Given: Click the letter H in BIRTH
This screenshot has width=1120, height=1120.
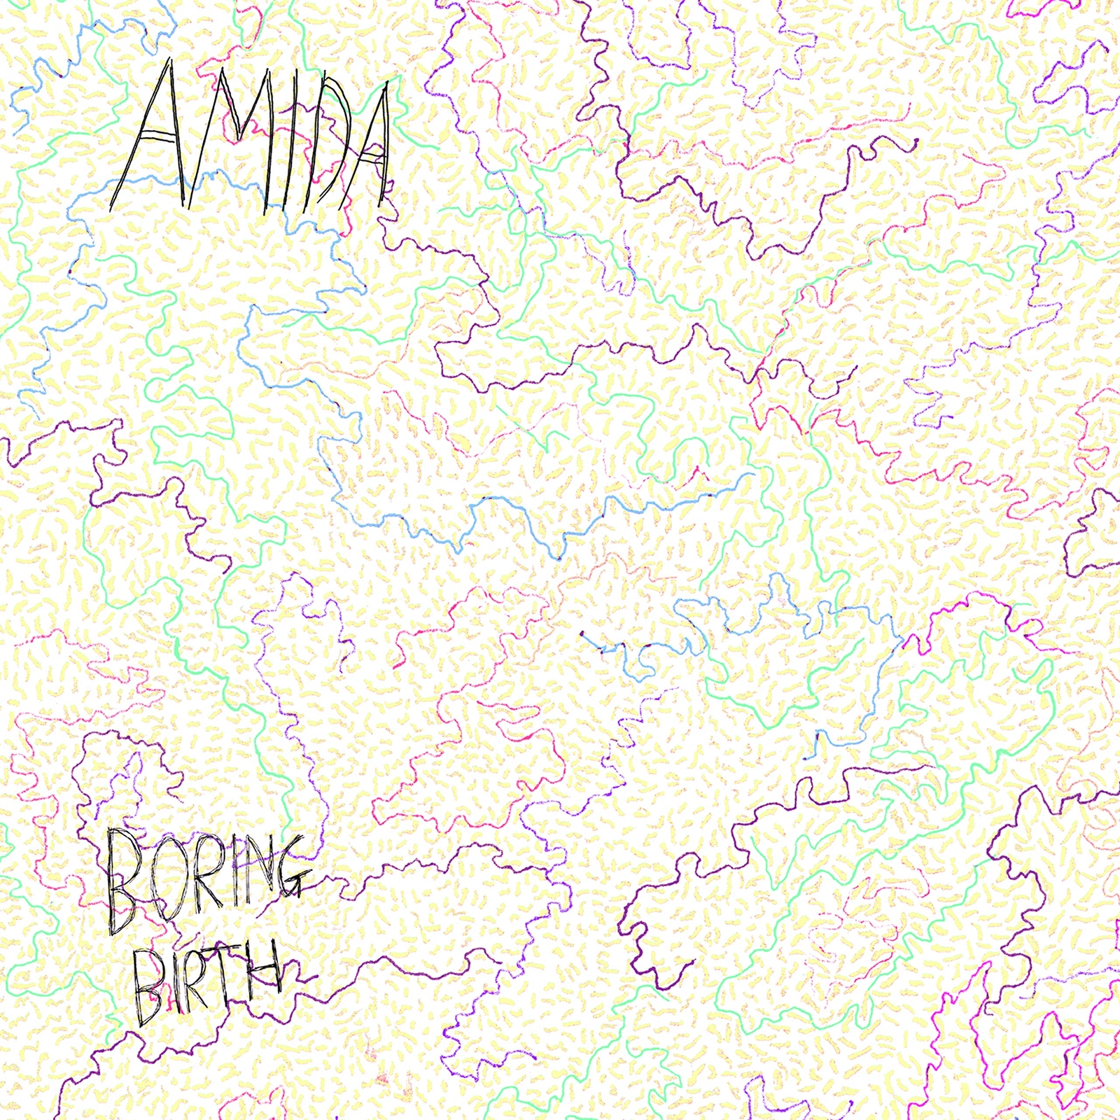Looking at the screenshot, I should click(x=266, y=969).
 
